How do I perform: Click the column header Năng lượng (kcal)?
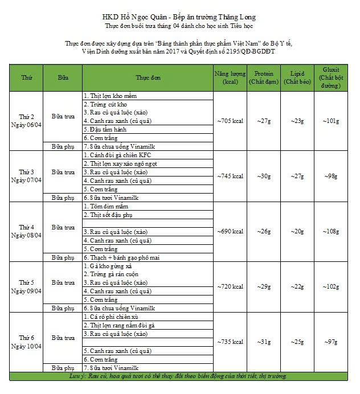click(x=230, y=77)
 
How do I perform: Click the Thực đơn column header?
click(x=148, y=77)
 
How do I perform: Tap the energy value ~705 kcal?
click(x=230, y=121)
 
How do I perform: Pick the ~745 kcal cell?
click(x=230, y=176)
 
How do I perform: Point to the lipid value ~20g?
click(x=297, y=231)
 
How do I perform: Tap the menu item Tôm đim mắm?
click(x=105, y=206)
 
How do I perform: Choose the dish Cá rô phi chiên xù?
click(x=111, y=317)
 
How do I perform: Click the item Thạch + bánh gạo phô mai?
click(x=121, y=257)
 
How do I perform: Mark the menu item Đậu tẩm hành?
click(x=104, y=129)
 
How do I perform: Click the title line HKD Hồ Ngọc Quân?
click(x=180, y=18)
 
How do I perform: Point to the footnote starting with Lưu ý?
click(x=180, y=376)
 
